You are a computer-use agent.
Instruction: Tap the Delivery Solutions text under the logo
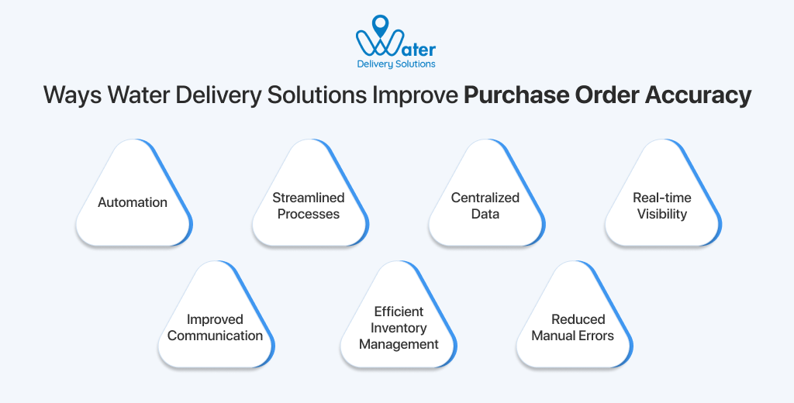396,64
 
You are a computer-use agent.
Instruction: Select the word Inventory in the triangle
399,328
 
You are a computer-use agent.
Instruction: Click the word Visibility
662,214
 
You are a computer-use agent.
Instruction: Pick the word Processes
309,214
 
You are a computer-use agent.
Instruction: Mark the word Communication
215,336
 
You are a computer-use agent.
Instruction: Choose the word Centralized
485,198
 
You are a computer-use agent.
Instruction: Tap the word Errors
595,336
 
